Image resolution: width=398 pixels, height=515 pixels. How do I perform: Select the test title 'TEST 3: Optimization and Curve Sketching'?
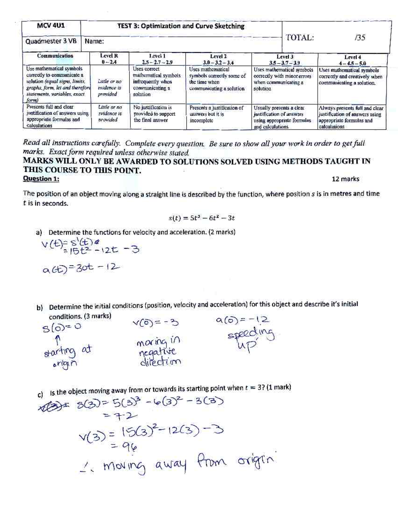point(181,26)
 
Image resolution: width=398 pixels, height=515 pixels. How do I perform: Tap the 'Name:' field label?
point(94,41)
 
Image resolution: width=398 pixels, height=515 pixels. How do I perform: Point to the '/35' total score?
point(360,37)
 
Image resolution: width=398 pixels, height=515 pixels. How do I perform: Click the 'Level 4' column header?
point(352,60)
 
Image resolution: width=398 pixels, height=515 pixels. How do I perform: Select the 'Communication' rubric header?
point(55,56)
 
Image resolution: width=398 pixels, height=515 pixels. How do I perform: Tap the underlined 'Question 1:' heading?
point(41,179)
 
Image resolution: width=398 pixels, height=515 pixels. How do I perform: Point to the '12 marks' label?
point(345,179)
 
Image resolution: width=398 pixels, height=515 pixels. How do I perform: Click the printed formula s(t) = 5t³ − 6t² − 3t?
point(202,218)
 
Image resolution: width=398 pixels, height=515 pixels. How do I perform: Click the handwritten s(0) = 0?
point(62,327)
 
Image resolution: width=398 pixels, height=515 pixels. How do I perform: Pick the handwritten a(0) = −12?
point(242,320)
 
